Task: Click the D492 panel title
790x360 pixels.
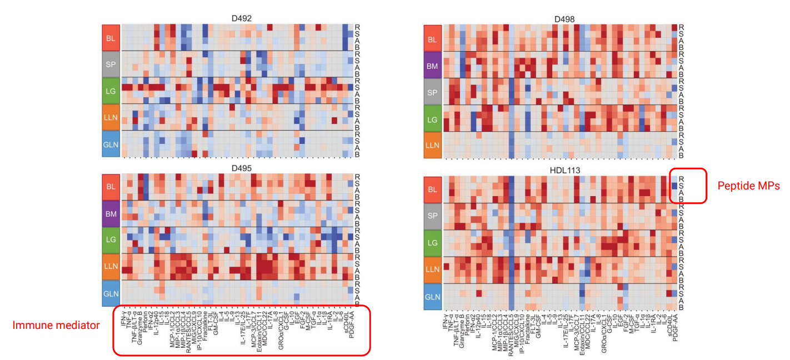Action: (242, 18)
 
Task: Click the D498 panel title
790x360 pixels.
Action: (564, 19)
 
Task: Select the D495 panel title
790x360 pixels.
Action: (242, 168)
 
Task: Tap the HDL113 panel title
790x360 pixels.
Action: (564, 170)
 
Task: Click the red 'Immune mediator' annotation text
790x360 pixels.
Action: (56, 326)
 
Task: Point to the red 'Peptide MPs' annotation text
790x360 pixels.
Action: (748, 186)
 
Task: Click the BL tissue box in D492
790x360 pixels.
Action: (111, 38)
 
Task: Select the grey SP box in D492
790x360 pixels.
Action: (111, 64)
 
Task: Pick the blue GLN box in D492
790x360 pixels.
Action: (111, 144)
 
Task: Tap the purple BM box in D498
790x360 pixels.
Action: (433, 65)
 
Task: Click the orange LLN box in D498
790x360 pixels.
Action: (433, 146)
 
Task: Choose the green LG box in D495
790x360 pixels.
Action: (111, 240)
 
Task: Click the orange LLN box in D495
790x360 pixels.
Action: (111, 266)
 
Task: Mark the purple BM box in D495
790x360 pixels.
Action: (111, 213)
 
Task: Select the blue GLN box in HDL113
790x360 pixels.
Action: (433, 296)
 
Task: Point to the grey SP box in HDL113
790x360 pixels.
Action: (433, 216)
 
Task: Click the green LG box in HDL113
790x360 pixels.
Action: (433, 243)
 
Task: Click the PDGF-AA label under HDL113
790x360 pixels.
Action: (674, 324)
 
